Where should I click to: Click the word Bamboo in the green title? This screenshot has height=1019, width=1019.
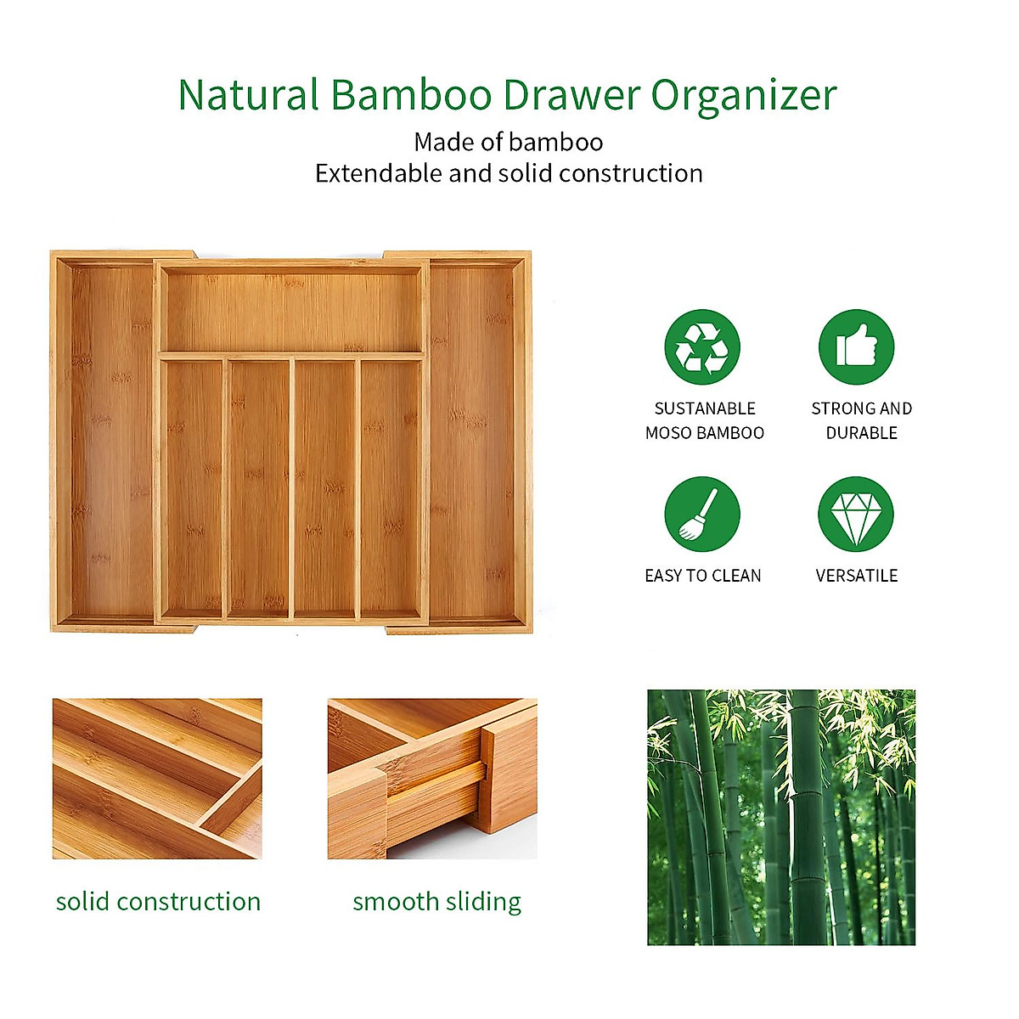click(x=410, y=95)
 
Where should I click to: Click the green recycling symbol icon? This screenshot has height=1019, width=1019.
click(x=702, y=346)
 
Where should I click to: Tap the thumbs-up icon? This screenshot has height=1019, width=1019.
click(x=856, y=346)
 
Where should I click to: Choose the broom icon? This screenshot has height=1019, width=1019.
click(x=702, y=515)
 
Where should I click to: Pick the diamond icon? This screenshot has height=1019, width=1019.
click(x=856, y=515)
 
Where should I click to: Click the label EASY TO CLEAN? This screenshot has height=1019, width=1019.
click(x=703, y=576)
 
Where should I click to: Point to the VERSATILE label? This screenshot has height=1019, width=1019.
click(x=856, y=576)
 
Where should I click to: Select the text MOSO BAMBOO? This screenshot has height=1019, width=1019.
click(x=705, y=433)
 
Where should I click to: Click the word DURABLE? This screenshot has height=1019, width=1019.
click(x=862, y=433)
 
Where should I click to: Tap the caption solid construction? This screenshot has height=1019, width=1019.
click(x=158, y=901)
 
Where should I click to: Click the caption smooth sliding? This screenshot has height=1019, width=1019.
click(x=436, y=901)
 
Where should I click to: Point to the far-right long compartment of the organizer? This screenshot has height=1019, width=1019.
click(x=474, y=442)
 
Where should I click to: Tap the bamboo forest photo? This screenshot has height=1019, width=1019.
click(x=781, y=817)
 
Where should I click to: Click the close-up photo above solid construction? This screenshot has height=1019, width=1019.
click(x=157, y=779)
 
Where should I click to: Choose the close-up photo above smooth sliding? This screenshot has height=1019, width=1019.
click(x=432, y=779)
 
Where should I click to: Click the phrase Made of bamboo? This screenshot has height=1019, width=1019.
click(x=508, y=142)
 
